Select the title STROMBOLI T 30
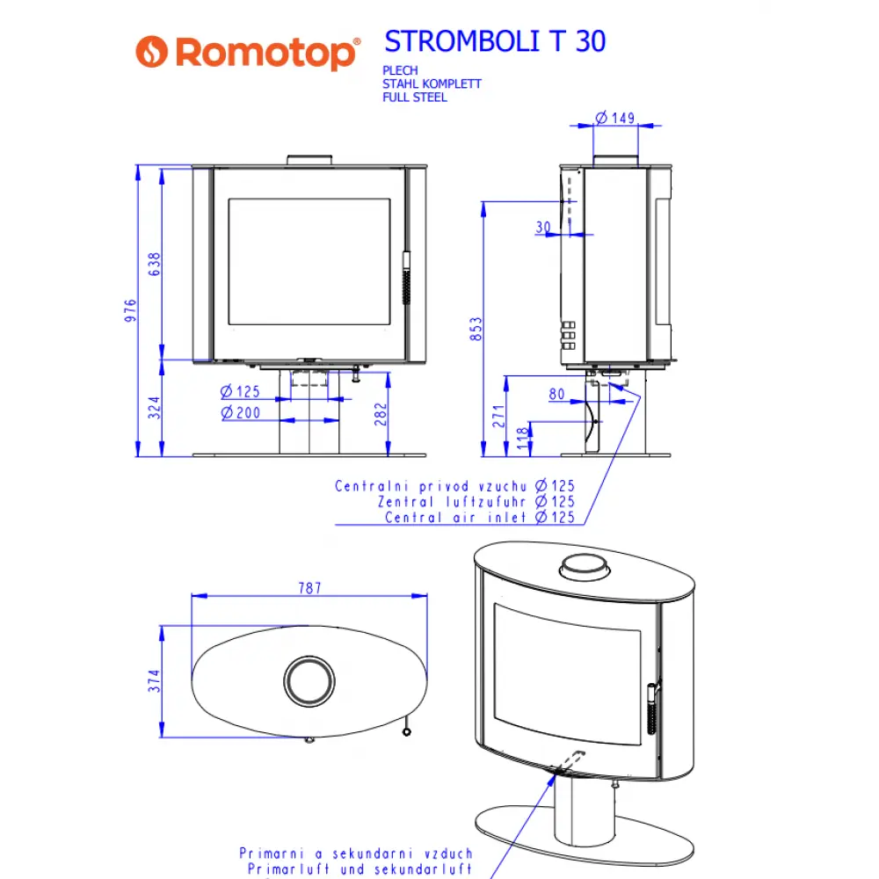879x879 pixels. click(x=495, y=40)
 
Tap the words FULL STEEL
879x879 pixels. click(x=414, y=98)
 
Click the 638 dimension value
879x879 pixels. click(x=156, y=264)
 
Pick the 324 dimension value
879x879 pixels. click(x=156, y=408)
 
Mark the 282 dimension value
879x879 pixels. click(x=380, y=412)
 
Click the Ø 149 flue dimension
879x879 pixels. click(x=614, y=117)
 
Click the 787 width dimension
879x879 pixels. click(x=309, y=588)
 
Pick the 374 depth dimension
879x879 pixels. click(x=155, y=682)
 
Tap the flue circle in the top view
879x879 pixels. click(x=309, y=679)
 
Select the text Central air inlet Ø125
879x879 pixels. click(x=479, y=517)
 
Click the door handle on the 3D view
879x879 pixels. click(x=651, y=708)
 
